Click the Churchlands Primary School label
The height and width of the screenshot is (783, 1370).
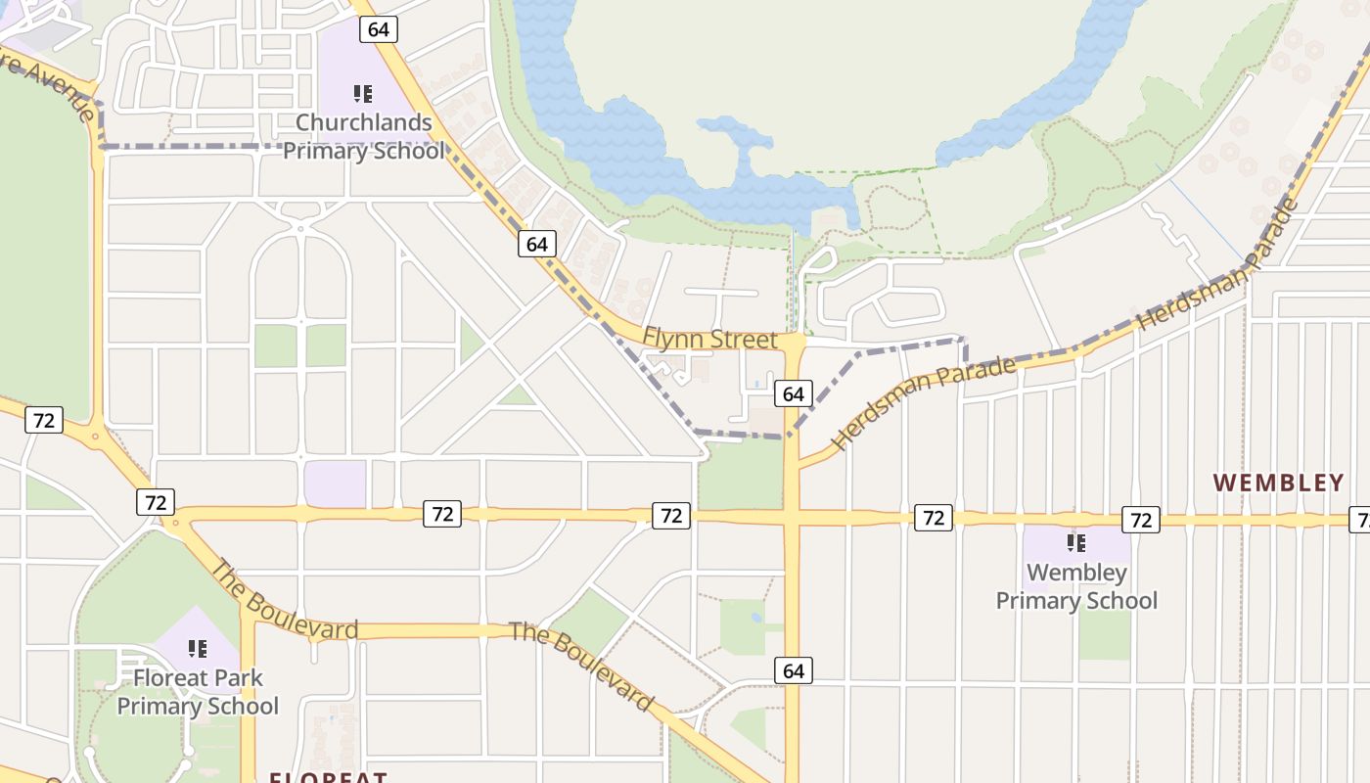363,137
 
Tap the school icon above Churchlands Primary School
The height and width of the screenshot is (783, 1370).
363,94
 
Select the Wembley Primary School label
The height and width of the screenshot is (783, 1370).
1076,586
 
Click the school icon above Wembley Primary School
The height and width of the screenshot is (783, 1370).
1076,543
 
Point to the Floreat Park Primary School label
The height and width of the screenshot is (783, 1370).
198,691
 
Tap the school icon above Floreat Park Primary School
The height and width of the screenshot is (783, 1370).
198,649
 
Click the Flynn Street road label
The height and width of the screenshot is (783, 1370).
709,340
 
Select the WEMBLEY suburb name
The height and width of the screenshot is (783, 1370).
1279,483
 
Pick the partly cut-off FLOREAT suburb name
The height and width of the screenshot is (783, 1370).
329,776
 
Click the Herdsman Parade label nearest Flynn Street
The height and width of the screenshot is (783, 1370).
924,403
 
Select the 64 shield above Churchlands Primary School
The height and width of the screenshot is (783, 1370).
378,29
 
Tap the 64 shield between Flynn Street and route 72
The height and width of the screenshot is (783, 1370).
793,394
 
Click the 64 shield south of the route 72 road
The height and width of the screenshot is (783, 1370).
793,670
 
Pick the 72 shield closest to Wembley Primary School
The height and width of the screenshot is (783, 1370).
1140,520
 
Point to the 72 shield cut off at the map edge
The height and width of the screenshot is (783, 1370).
1360,520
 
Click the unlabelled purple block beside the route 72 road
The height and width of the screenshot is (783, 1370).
335,484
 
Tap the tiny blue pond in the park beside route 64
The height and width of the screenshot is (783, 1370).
755,618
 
